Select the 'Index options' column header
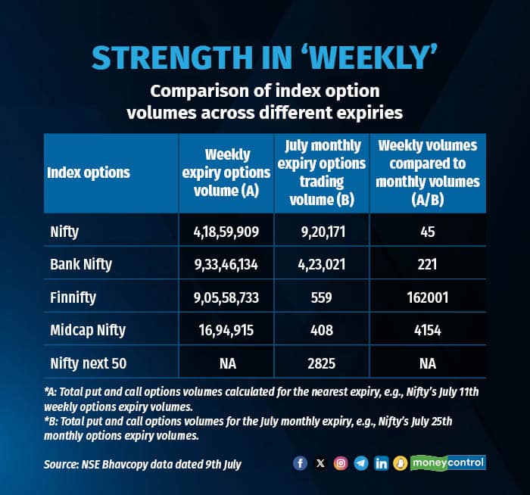tap(89, 173)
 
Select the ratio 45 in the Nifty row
tap(428, 232)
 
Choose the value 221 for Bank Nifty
tap(428, 265)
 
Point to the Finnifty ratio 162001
tap(428, 297)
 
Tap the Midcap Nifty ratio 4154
tap(428, 331)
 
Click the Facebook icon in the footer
tap(300, 463)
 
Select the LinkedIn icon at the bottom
tap(381, 463)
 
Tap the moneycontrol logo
tap(447, 462)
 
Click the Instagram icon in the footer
tap(341, 463)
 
